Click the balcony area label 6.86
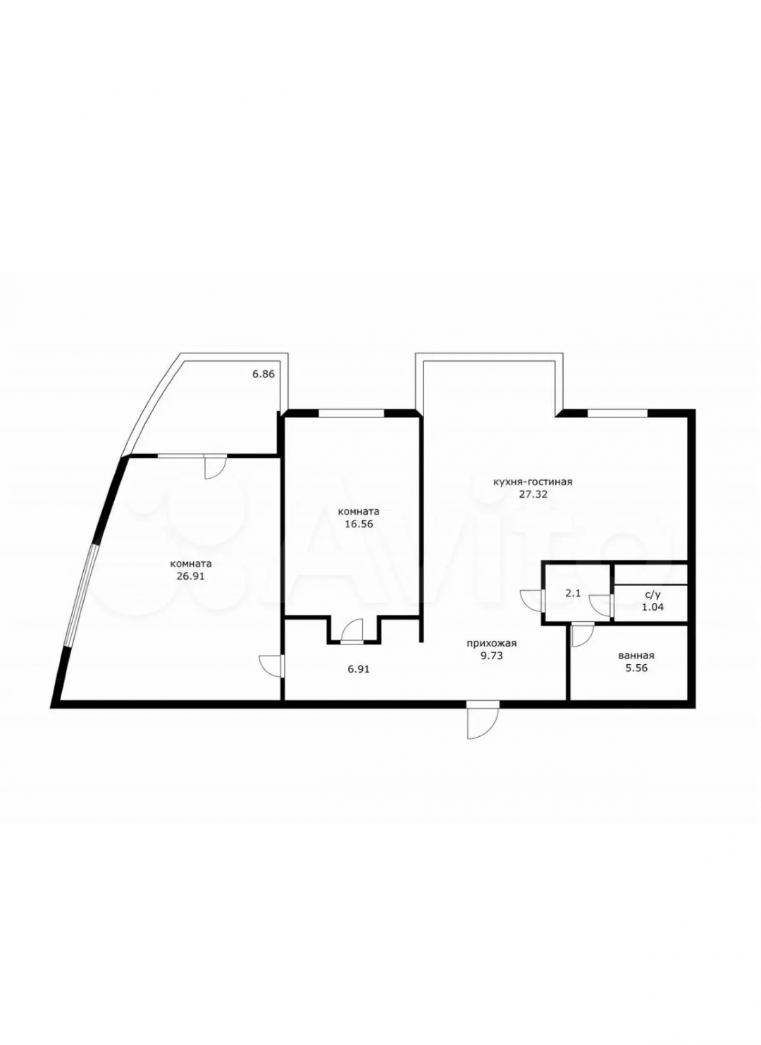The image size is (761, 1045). (x=264, y=374)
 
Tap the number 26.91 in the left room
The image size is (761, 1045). (x=191, y=576)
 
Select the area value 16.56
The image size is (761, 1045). (x=359, y=524)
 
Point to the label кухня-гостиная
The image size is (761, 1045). (x=533, y=482)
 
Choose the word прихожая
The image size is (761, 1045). (x=492, y=644)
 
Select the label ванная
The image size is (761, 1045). (x=636, y=656)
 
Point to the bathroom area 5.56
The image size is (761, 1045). (x=636, y=668)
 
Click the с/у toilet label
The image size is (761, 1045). (x=652, y=595)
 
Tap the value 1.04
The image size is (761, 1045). (x=652, y=607)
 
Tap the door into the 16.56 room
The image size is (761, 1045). (x=352, y=631)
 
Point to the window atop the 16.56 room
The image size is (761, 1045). (x=352, y=413)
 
